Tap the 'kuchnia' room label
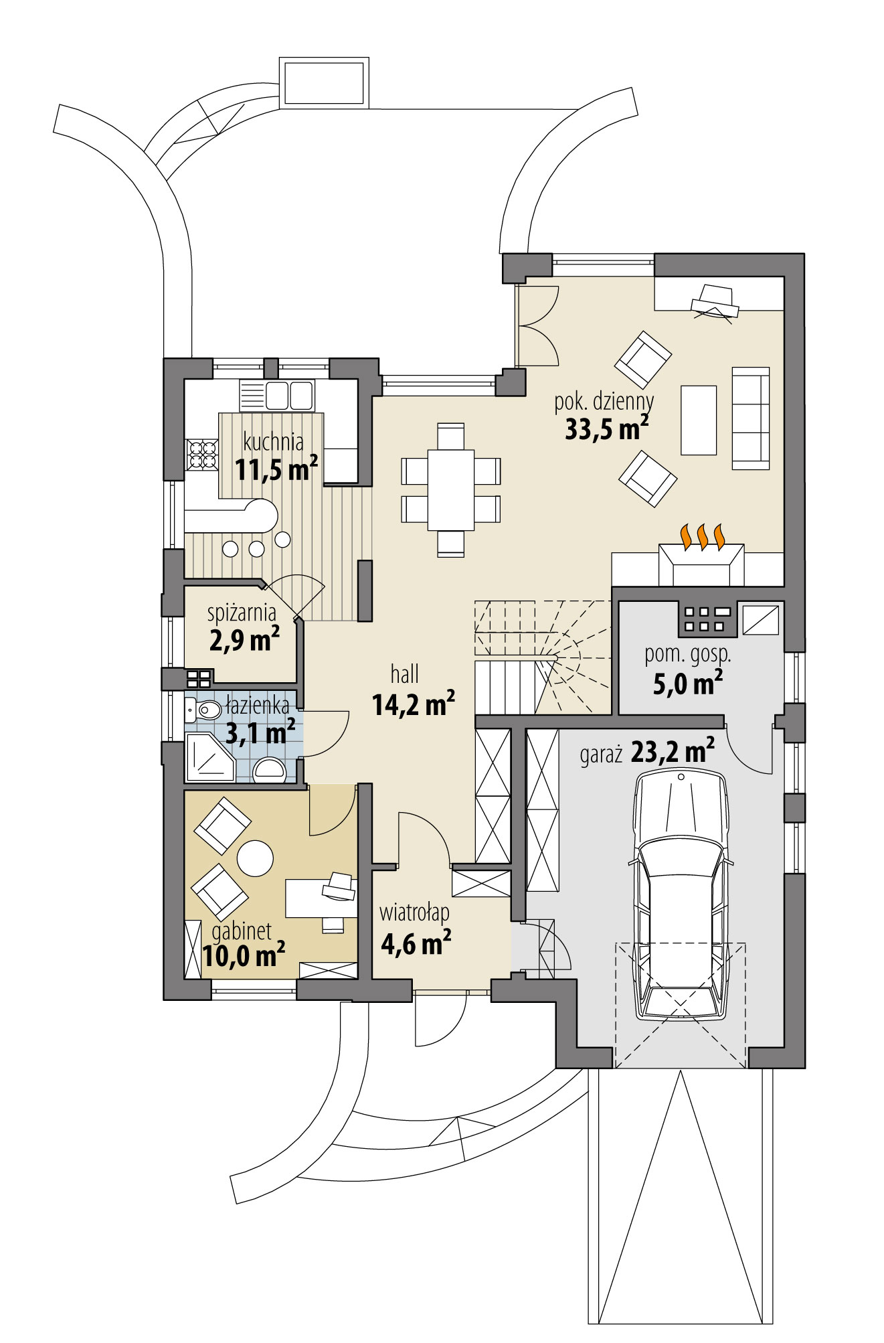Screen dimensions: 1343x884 273,443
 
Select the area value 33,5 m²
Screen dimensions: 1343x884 606,428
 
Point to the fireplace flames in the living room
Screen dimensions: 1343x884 702,536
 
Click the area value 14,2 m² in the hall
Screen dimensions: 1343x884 414,704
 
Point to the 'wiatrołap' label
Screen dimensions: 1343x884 414,913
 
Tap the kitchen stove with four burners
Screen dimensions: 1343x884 202,455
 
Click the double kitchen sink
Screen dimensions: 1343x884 289,395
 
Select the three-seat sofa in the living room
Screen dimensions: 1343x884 750,418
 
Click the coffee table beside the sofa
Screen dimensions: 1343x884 699,420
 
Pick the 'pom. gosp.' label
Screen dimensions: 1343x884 687,655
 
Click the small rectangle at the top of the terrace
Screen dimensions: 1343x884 325,82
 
